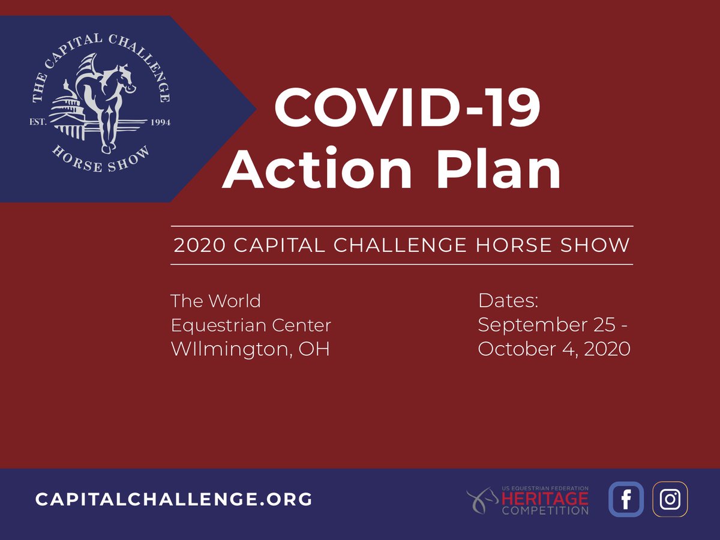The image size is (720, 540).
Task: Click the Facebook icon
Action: click(626, 499)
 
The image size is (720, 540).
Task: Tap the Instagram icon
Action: click(670, 499)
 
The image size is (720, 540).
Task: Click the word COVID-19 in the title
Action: click(407, 109)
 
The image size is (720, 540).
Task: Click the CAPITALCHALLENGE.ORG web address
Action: click(174, 499)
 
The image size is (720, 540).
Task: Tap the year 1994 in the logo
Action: click(159, 122)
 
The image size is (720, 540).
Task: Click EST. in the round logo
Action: click(39, 122)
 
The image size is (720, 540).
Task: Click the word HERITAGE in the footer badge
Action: click(545, 499)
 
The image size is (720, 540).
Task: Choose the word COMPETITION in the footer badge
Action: click(545, 511)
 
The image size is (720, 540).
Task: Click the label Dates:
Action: click(508, 301)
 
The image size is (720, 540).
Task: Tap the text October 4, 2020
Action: click(554, 349)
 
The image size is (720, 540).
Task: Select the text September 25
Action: click(546, 325)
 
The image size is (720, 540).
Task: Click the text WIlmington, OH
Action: click(250, 349)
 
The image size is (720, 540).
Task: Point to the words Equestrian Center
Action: click(251, 325)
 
